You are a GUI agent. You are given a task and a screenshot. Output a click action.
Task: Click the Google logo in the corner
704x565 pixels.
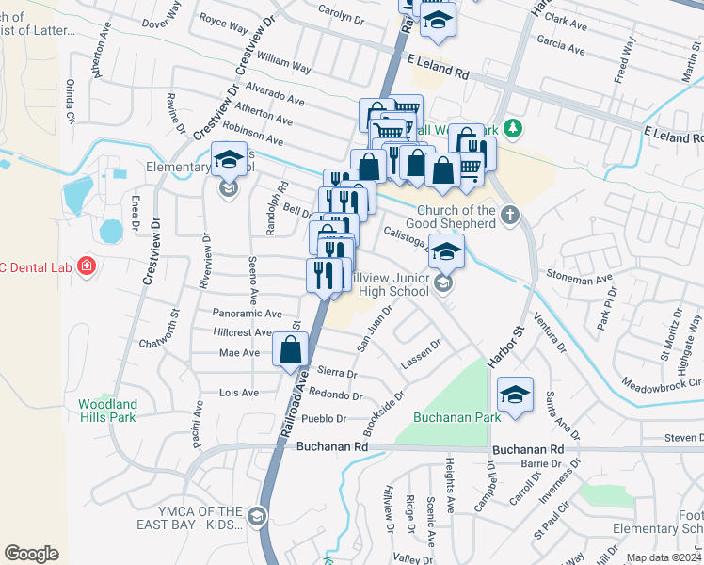pos(31,554)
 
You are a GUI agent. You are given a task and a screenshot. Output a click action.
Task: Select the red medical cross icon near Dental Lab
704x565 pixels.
pos(87,267)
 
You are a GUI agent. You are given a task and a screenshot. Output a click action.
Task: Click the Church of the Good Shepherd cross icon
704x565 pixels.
pos(510,216)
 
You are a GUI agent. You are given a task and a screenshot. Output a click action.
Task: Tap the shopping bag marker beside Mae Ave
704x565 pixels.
pos(291,349)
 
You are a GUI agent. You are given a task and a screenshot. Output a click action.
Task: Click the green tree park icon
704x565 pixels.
pos(512,127)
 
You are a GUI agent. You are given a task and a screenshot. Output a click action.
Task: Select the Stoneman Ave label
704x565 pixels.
pos(579,279)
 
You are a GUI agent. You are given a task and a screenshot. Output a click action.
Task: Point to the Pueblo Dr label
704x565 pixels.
pos(323,419)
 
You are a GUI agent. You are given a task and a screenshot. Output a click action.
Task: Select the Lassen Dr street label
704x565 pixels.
pos(422,353)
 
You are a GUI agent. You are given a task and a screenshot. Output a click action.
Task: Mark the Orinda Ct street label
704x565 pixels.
pos(69,106)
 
